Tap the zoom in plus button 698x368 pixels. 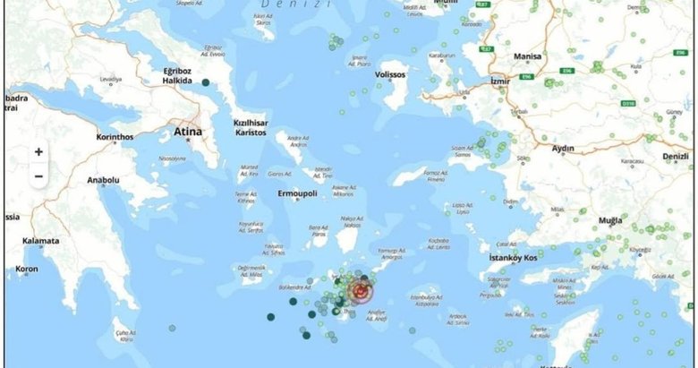38,152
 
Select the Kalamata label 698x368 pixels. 40,241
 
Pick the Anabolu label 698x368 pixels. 104,180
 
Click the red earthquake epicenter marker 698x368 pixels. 361,290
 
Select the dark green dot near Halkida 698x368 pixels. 207,83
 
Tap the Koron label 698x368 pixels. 27,269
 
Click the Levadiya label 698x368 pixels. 111,81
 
